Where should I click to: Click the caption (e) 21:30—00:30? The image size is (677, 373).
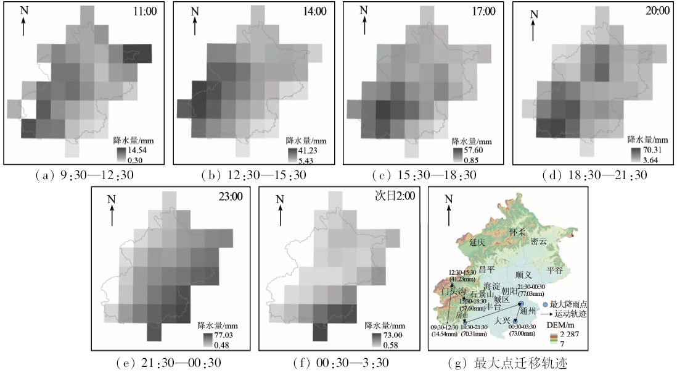click(170, 363)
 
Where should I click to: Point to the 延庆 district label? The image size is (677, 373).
click(477, 243)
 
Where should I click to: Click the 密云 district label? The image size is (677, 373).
click(539, 241)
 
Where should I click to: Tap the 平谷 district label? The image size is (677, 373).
click(556, 270)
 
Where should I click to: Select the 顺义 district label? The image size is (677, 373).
click(523, 274)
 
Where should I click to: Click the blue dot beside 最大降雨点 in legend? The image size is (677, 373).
click(545, 305)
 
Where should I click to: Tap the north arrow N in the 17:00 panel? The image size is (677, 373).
click(364, 19)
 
